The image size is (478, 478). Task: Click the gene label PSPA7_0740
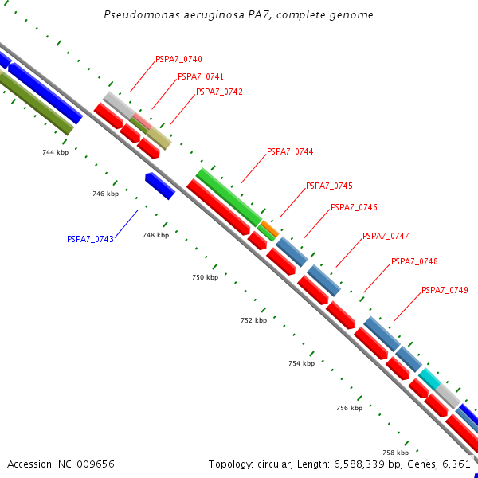(178, 59)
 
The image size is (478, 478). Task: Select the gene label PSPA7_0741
(200, 76)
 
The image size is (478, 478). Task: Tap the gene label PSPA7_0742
(219, 92)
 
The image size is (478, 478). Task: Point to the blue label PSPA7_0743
(90, 239)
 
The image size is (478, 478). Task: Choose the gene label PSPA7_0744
(290, 151)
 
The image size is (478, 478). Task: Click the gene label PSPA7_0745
(329, 186)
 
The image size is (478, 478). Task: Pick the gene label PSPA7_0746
(354, 207)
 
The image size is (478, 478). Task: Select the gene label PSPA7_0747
(386, 236)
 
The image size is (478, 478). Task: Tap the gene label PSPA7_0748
(414, 261)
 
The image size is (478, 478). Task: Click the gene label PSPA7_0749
(445, 290)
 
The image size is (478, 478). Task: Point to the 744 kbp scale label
(56, 151)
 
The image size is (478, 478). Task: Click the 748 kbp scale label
(155, 235)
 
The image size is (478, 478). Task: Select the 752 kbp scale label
(253, 320)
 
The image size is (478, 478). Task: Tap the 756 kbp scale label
(349, 408)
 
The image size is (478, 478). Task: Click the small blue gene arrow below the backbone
(160, 186)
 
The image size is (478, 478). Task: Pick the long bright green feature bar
(229, 197)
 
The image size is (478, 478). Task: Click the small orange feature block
(269, 229)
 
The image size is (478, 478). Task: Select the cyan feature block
(430, 378)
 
